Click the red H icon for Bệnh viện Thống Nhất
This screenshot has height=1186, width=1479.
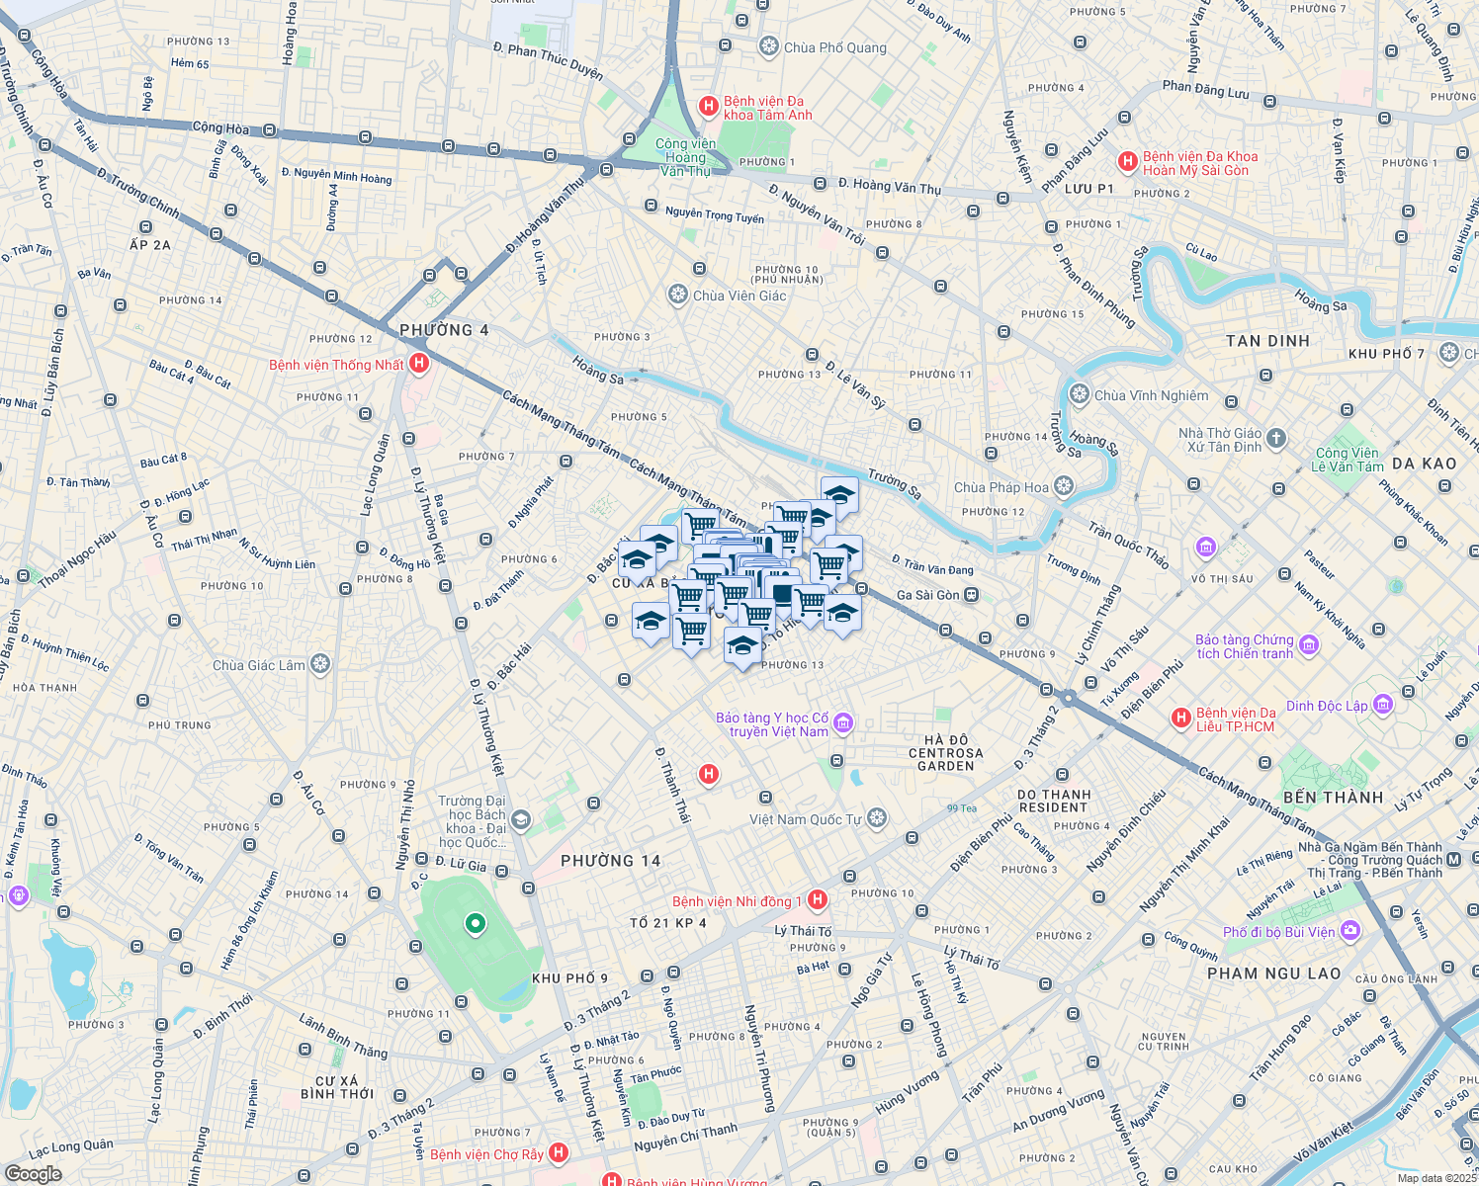pos(419,364)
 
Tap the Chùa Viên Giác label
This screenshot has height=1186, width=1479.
pos(739,296)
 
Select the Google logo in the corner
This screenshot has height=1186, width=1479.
pos(33,1173)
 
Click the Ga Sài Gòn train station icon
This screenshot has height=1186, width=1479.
pos(972,595)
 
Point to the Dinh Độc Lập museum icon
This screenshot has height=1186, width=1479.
pos(1383,705)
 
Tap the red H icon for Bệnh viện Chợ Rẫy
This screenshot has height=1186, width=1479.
pos(559,1152)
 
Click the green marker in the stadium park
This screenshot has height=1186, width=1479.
pos(476,924)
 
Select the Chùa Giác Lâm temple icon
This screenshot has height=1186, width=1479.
pos(320,664)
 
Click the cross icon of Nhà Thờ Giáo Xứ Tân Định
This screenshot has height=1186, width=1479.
pos(1276,439)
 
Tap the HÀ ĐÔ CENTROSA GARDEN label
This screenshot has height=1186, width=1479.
pos(945,753)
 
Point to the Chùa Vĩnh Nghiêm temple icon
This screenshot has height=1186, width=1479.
pos(1080,394)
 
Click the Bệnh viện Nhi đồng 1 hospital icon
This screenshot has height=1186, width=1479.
pos(817,899)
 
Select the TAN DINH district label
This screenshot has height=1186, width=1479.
pos(1267,341)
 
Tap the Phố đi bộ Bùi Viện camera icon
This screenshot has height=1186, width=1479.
pos(1350,931)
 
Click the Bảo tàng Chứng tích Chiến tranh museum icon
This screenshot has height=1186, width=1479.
pos(1310,645)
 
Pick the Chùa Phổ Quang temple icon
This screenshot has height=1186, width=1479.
pos(769,46)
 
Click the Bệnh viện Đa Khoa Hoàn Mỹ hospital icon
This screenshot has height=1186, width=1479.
pos(1127,161)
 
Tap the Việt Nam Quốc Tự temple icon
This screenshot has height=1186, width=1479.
pos(877,818)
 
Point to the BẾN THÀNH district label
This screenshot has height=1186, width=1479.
pos(1333,798)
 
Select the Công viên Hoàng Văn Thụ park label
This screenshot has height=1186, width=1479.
pos(685,157)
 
